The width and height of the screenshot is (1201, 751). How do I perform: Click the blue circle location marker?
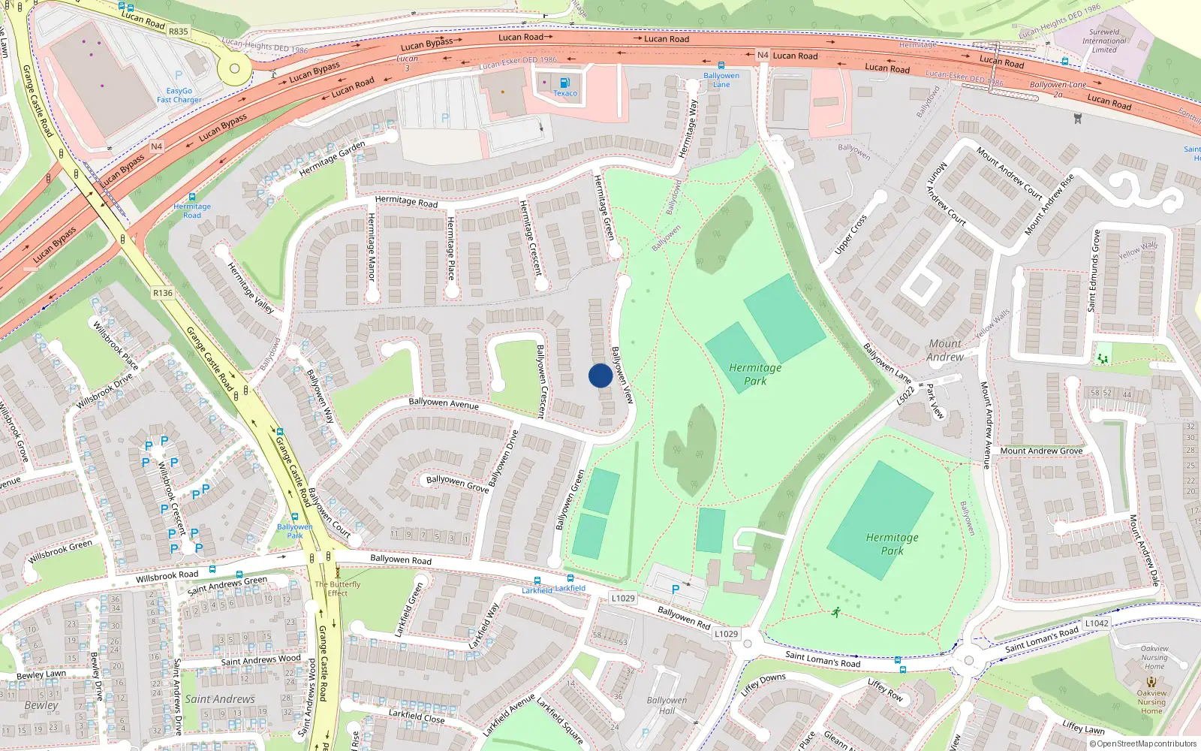tap(600, 375)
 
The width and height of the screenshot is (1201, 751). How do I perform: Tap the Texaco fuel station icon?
tap(564, 83)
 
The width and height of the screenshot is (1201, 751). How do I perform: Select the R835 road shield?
tap(179, 32)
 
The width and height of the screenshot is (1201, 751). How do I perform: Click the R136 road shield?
tap(162, 293)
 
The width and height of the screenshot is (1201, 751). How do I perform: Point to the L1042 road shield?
tap(1097, 623)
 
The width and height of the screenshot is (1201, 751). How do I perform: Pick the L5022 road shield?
tap(906, 395)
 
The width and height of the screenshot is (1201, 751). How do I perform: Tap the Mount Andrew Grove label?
tap(1041, 451)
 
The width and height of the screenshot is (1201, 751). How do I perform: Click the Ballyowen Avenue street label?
tap(443, 403)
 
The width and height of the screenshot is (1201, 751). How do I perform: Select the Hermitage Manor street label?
tap(371, 246)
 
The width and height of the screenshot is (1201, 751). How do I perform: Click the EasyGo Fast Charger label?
tap(179, 95)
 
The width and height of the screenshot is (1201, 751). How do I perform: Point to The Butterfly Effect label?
tap(337, 589)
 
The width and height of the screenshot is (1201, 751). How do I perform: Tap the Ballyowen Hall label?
tap(667, 705)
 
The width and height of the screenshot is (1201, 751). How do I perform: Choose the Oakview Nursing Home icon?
tap(1151, 683)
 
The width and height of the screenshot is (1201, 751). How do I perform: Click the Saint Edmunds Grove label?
tap(1094, 270)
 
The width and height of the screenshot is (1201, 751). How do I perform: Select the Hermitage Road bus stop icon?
tap(192, 197)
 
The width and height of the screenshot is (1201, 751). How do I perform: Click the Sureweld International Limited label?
tap(1103, 41)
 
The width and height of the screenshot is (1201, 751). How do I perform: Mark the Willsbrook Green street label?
tap(60, 550)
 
